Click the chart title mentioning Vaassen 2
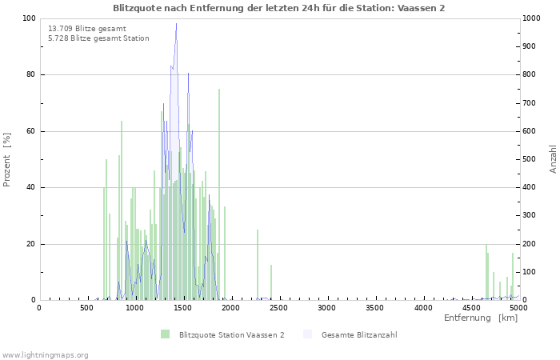click(279, 8)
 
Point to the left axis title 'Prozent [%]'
click(7, 159)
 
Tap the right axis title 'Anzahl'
click(553, 159)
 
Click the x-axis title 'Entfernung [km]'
click(480, 318)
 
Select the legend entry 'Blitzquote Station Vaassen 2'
click(231, 335)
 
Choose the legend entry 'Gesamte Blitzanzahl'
click(359, 335)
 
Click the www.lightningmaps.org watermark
click(45, 355)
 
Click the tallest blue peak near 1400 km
click(176, 25)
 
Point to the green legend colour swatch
click(165, 334)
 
